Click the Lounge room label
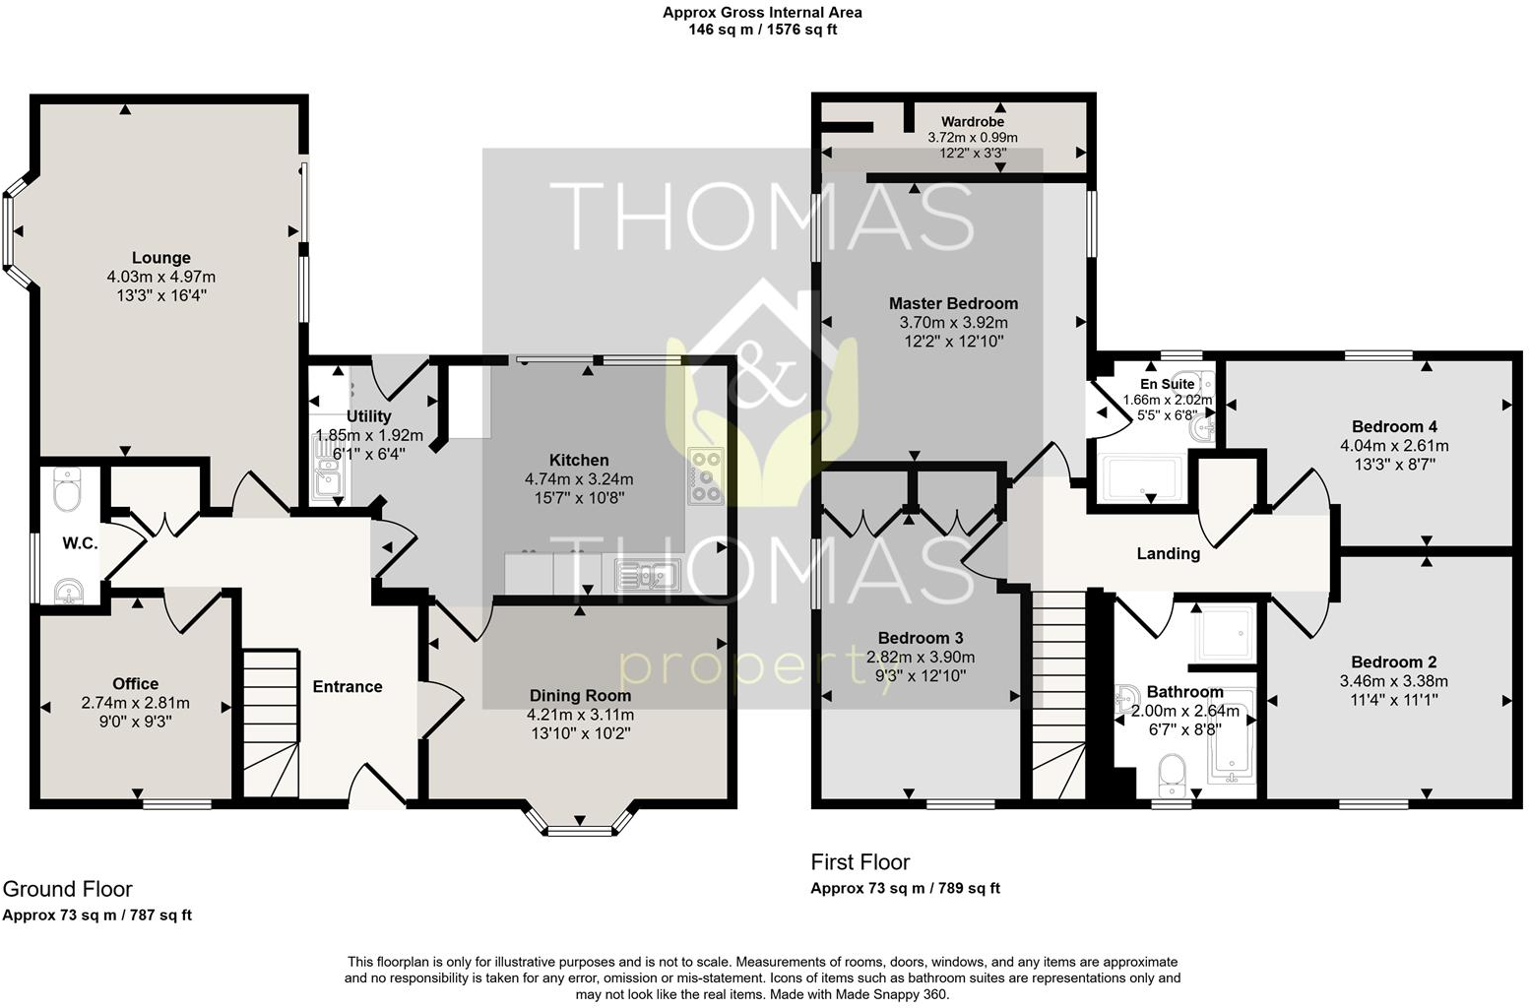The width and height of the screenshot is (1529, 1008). (x=161, y=258)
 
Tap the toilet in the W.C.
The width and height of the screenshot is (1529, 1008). (x=67, y=491)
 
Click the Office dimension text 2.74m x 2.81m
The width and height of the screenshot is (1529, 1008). (x=135, y=703)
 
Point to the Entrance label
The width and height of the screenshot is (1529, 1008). (x=347, y=686)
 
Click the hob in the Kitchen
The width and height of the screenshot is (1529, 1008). (x=705, y=476)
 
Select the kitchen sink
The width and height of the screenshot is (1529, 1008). (x=648, y=574)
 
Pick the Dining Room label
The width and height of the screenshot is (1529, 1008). (x=580, y=695)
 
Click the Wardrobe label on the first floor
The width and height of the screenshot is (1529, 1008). (x=972, y=122)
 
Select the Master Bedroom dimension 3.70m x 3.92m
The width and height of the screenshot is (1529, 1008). (x=953, y=322)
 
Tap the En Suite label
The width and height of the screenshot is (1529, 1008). (x=1168, y=384)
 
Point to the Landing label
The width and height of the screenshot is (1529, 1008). (x=1168, y=553)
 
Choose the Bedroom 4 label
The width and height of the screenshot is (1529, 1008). (x=1393, y=426)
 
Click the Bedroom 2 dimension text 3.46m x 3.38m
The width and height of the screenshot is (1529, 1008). (x=1393, y=681)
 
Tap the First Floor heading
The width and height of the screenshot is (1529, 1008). (x=860, y=862)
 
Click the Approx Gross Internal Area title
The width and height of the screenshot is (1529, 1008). (x=762, y=13)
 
